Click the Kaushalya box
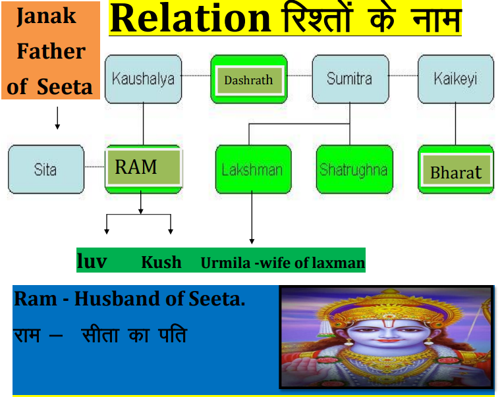(x=143, y=79)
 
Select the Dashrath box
(x=249, y=79)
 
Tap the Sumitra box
(x=350, y=79)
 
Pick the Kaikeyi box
(x=456, y=79)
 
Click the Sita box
(x=46, y=169)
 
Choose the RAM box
(x=144, y=169)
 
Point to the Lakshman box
(x=254, y=169)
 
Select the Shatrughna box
(x=354, y=169)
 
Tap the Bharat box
(x=456, y=169)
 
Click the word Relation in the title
(x=191, y=18)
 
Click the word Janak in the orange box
(x=46, y=16)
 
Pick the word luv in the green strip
(x=92, y=261)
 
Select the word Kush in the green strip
(x=161, y=262)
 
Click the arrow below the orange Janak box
(x=57, y=118)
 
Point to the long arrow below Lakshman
(x=252, y=217)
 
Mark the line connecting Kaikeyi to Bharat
(x=456, y=124)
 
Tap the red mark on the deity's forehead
(x=387, y=325)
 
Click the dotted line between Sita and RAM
(x=94, y=167)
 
